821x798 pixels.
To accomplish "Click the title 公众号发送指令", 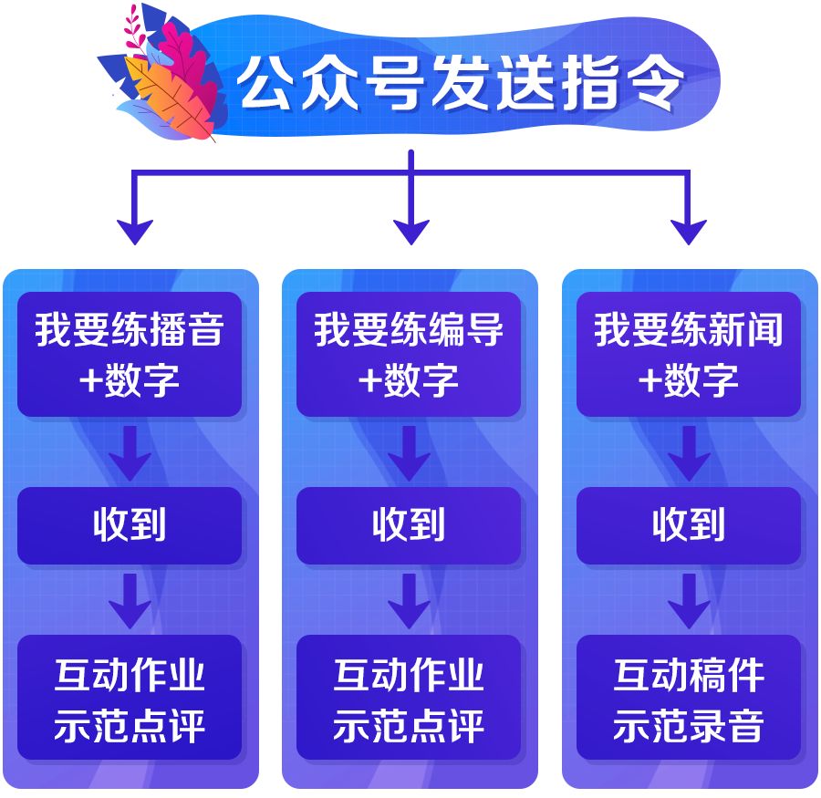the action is point(460,83).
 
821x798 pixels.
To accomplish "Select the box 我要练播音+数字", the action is point(130,354).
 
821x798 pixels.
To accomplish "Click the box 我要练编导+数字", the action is point(409,354).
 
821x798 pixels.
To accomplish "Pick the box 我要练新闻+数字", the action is point(688,354).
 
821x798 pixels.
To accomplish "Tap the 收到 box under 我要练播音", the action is point(130,525).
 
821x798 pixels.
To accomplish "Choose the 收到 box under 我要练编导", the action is point(409,525).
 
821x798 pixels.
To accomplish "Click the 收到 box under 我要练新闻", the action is point(688,525).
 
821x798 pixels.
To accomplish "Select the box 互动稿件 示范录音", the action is point(688,697).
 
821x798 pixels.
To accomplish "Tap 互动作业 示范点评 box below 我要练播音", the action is point(130,697).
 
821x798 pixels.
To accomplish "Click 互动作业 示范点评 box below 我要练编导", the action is point(409,697).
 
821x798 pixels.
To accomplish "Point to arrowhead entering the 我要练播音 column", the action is point(135,233).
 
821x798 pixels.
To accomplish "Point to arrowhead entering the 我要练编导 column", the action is point(411,233).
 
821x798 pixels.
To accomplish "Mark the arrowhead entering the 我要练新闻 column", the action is point(688,233).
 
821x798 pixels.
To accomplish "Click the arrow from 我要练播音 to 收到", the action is point(130,453).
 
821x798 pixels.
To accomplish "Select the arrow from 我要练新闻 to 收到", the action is point(689,453).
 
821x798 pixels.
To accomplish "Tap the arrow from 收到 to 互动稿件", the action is point(689,601).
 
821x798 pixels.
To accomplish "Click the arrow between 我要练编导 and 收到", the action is point(409,453).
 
